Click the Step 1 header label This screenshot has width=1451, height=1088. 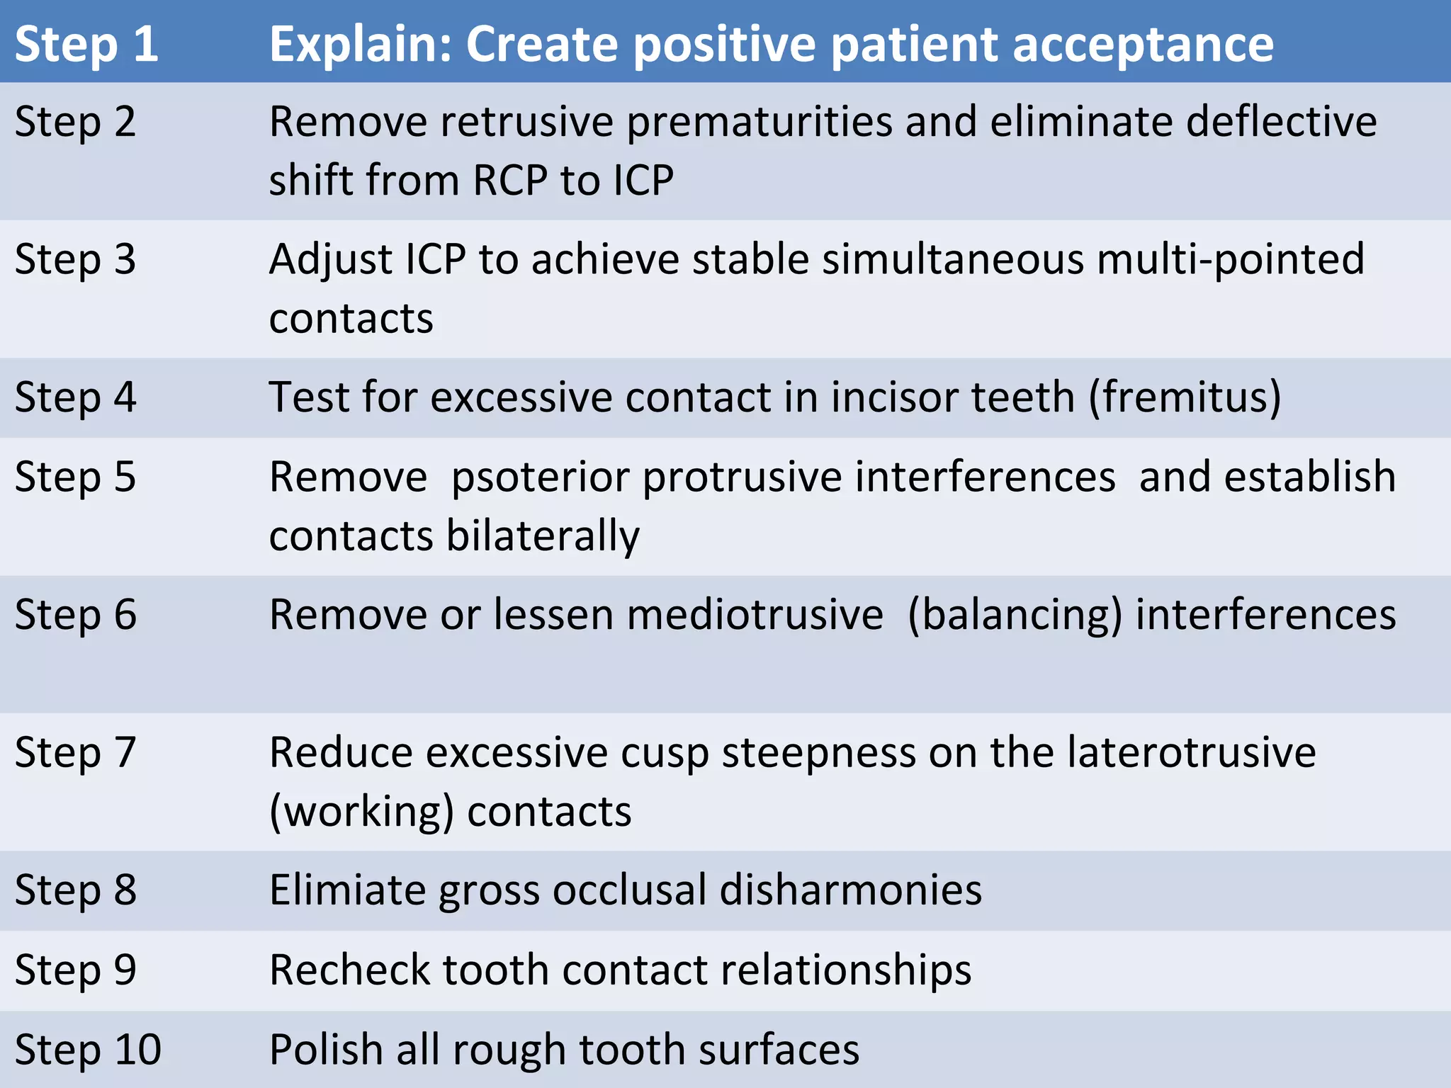coord(86,44)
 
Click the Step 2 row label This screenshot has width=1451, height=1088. coord(75,122)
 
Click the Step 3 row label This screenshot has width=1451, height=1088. coord(75,259)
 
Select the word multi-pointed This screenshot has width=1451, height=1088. coord(1230,259)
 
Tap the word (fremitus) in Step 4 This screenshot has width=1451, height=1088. coord(1185,397)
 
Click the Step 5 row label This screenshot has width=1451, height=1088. coord(75,477)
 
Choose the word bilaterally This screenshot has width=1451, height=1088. coord(543,536)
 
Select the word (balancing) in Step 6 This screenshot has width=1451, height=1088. coord(1015,616)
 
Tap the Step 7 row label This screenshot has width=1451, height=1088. coord(75,752)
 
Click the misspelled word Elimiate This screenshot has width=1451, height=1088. coord(346,890)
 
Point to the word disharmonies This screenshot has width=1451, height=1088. coord(850,890)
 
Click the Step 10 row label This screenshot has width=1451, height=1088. coord(88,1050)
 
